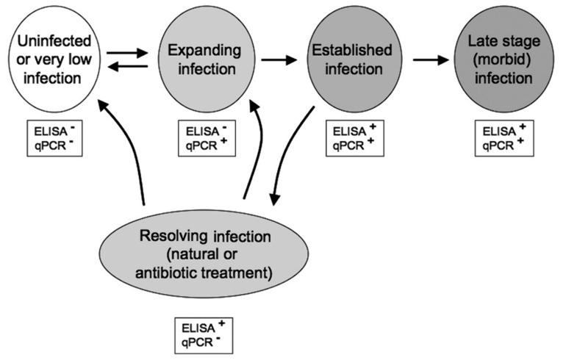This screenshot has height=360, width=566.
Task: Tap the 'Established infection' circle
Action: click(347, 60)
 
